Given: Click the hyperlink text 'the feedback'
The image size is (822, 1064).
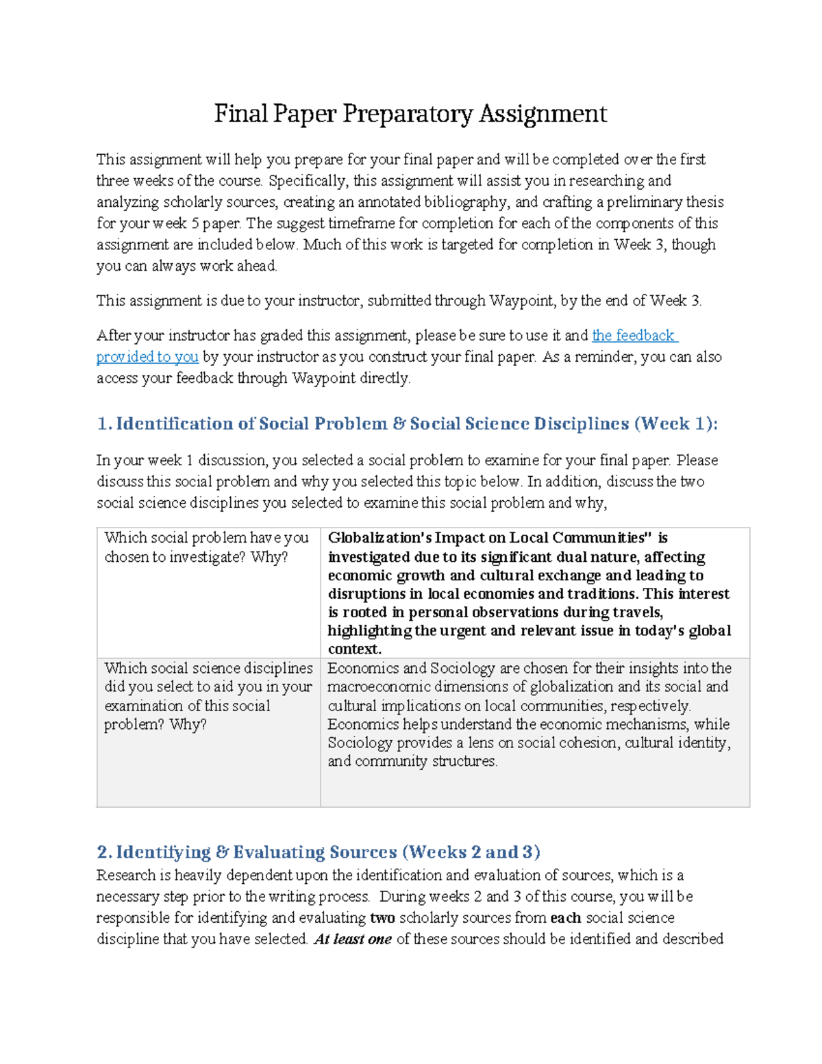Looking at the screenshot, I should tap(634, 335).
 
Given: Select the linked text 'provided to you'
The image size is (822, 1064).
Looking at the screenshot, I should tap(147, 356).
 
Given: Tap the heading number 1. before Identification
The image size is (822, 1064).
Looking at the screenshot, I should tap(104, 423).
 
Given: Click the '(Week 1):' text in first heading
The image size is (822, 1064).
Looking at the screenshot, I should tap(675, 423).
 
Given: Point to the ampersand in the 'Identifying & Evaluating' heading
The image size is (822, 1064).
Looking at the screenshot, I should tap(222, 852).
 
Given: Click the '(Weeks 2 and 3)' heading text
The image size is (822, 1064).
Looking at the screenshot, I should tap(471, 852).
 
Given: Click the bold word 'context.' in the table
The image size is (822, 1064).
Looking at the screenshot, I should tap(354, 649).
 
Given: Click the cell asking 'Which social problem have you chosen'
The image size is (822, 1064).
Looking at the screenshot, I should tap(206, 547).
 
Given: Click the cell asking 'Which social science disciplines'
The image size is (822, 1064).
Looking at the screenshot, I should tap(208, 695).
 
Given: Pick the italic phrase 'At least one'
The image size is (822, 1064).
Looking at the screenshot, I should tap(353, 939).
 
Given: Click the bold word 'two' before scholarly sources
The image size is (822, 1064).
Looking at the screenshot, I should tap(382, 918).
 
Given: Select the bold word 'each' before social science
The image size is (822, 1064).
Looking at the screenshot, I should tap(565, 918).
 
